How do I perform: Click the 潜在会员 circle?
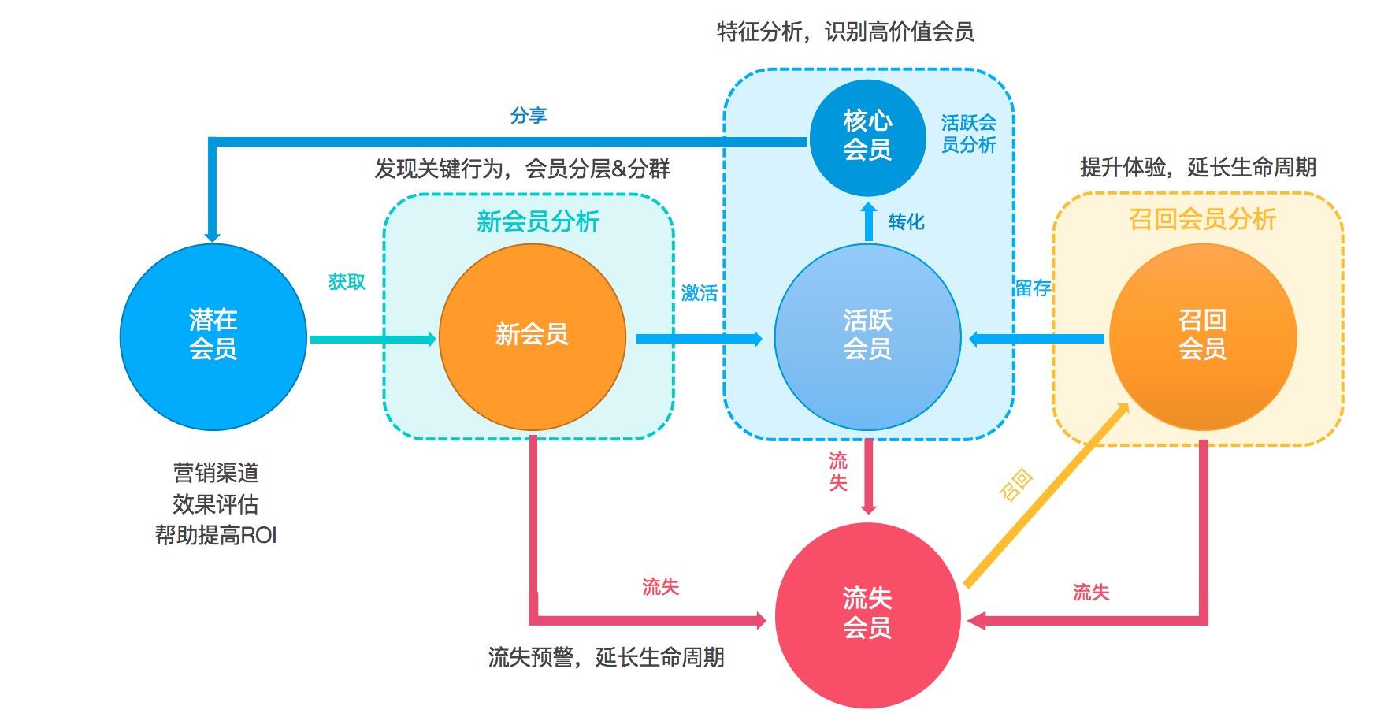click(x=213, y=336)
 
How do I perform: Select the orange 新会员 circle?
click(x=532, y=336)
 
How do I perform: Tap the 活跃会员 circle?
click(x=867, y=336)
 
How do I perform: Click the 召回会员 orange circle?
click(x=1202, y=336)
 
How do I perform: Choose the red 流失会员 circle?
click(x=867, y=615)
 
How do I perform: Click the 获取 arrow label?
click(x=347, y=281)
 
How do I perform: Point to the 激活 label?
click(x=699, y=293)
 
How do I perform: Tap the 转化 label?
click(x=906, y=221)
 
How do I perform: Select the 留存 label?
click(x=1032, y=288)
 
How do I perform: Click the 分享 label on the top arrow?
click(x=528, y=116)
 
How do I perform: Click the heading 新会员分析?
click(x=538, y=221)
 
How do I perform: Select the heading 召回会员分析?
click(x=1202, y=219)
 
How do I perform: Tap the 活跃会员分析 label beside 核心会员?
click(x=968, y=134)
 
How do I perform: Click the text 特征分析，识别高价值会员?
click(x=845, y=32)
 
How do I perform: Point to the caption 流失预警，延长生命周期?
click(x=606, y=657)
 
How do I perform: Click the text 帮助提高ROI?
click(x=216, y=536)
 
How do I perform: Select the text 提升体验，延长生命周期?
click(x=1197, y=167)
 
